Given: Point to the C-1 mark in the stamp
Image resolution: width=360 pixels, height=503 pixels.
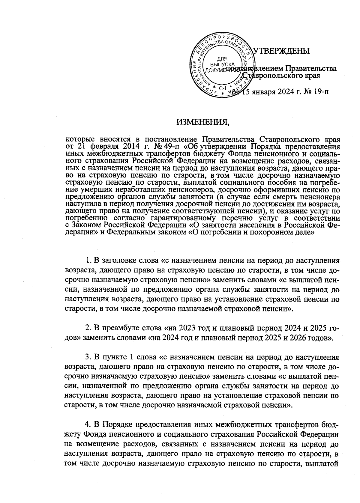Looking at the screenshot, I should [x=223, y=88].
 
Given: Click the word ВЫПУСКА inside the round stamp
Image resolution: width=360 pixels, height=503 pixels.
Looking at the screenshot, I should [x=222, y=64].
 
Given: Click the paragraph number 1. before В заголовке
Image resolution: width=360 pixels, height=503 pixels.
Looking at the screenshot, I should [x=88, y=259].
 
